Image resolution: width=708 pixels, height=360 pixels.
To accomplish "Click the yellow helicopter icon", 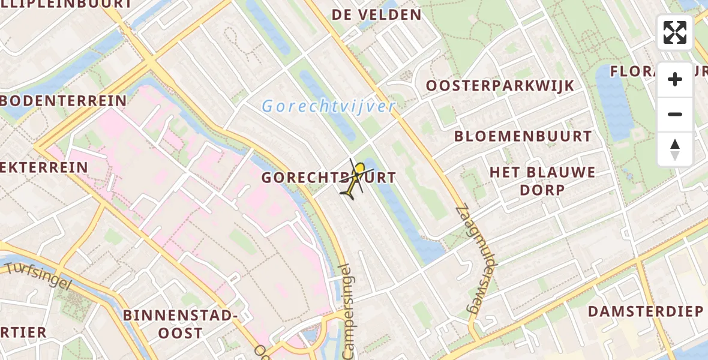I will pyautogui.click(x=356, y=179).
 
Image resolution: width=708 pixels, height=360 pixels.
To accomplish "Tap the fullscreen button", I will pyautogui.click(x=675, y=32).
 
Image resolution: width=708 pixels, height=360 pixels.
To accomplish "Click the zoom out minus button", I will pyautogui.click(x=675, y=114).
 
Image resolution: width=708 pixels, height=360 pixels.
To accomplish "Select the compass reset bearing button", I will pyautogui.click(x=675, y=149).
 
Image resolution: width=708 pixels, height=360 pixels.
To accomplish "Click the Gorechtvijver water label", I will pyautogui.click(x=328, y=107).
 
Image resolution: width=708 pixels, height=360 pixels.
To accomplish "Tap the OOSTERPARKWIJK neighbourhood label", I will pyautogui.click(x=500, y=86).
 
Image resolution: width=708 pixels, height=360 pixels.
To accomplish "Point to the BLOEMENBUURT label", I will pyautogui.click(x=523, y=136).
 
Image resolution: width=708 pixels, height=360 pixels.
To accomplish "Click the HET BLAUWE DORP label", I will pyautogui.click(x=542, y=173).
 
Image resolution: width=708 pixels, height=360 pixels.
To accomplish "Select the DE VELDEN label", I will pyautogui.click(x=377, y=14).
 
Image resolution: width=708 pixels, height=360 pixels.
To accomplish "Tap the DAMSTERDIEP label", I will pyautogui.click(x=645, y=311).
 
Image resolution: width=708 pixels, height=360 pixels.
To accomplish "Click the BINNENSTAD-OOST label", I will pyautogui.click(x=180, y=323).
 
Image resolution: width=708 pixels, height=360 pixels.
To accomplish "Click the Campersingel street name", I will pyautogui.click(x=348, y=312).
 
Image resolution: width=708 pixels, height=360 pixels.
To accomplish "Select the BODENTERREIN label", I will pyautogui.click(x=63, y=100).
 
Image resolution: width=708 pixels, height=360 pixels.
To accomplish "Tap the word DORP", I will pyautogui.click(x=542, y=190).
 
